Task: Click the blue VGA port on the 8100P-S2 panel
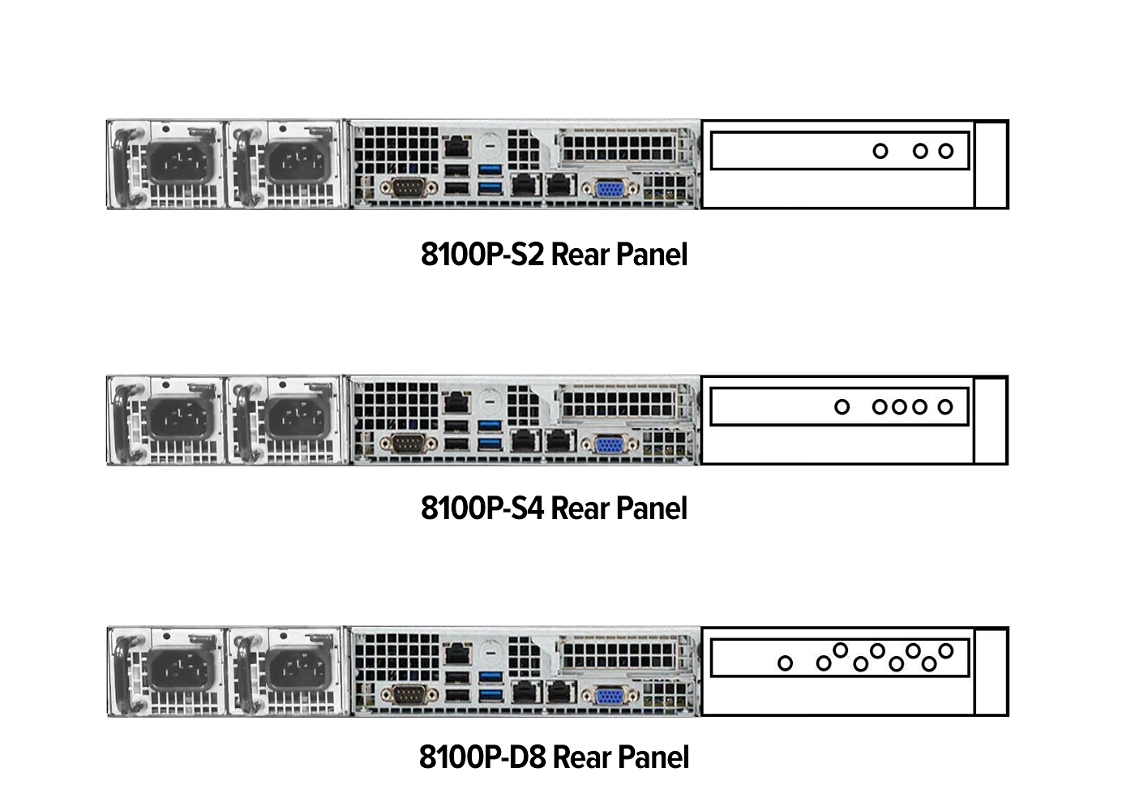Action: click(x=610, y=190)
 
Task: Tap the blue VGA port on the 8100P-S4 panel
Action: click(x=610, y=445)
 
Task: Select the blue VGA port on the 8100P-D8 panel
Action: click(x=610, y=697)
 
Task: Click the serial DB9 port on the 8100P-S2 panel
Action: click(x=409, y=188)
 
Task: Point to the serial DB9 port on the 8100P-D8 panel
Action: click(x=409, y=696)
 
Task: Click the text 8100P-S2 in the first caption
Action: click(x=482, y=255)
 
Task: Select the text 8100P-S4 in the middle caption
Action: click(x=482, y=508)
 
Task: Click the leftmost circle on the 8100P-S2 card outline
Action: click(x=880, y=151)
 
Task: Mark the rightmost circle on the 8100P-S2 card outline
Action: click(x=945, y=151)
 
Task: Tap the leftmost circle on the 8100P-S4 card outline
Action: click(x=842, y=406)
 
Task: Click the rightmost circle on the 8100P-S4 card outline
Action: click(x=945, y=406)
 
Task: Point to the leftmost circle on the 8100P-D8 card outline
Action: click(x=785, y=663)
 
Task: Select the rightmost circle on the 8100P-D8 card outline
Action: click(x=946, y=650)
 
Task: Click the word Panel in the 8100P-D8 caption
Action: click(x=653, y=757)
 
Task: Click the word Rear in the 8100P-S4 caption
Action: click(x=580, y=508)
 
